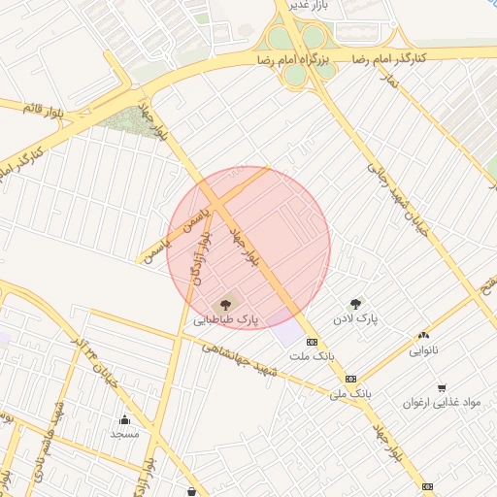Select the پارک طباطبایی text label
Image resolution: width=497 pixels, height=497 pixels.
pos(226,319)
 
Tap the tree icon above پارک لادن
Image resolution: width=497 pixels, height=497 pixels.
pos(356,304)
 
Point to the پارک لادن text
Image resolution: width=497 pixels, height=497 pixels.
pos(354,318)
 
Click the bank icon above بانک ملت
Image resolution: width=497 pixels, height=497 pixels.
pos(312,342)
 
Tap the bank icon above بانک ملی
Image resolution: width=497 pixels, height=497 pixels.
pos(350,379)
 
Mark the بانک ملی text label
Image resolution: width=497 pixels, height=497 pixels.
pos(350,394)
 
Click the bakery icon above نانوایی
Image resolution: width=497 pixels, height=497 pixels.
pos(423,335)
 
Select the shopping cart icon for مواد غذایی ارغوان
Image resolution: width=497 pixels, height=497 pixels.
pos(442,387)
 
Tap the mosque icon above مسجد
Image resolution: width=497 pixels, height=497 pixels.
pos(125,420)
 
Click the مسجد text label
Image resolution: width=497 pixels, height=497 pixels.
pos(125,435)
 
